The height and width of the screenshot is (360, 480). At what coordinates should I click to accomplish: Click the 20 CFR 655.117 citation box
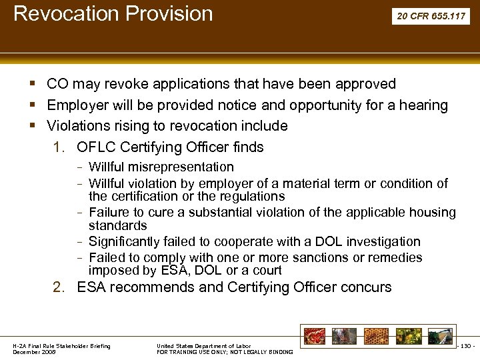(x=431, y=16)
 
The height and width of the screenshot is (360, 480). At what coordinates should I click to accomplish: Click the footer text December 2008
(x=35, y=351)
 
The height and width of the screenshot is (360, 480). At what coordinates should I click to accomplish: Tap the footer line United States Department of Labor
(x=204, y=346)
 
